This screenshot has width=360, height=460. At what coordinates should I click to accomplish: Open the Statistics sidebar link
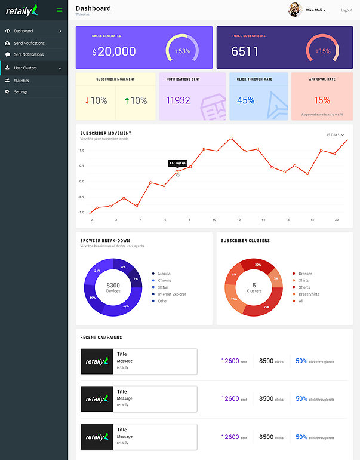click(x=21, y=81)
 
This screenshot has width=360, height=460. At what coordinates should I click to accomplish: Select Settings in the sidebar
click(x=21, y=92)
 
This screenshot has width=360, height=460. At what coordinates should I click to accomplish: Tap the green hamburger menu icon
click(x=60, y=10)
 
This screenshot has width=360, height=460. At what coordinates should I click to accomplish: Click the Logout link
click(x=346, y=10)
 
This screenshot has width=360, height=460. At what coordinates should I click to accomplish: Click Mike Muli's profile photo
click(x=296, y=10)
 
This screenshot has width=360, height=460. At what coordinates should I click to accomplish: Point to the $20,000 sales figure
click(x=114, y=51)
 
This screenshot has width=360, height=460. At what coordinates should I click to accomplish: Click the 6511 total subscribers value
click(x=245, y=51)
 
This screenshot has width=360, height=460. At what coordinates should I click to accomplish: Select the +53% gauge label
click(x=182, y=51)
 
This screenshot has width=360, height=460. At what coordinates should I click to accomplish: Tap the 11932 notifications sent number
click(x=178, y=100)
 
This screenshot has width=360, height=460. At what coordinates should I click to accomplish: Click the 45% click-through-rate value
click(x=245, y=100)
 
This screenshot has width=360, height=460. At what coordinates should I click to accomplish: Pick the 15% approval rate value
click(x=322, y=100)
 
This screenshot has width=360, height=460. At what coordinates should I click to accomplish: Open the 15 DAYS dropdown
click(x=335, y=135)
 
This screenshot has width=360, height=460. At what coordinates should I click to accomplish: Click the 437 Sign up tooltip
click(x=177, y=163)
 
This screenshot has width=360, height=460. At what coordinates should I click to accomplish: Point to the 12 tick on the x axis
click(x=238, y=220)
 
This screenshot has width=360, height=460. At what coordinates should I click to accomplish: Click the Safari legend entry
click(x=164, y=287)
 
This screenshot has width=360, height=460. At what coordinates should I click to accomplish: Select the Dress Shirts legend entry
click(x=309, y=294)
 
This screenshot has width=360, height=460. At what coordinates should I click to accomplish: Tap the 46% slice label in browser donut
click(x=125, y=306)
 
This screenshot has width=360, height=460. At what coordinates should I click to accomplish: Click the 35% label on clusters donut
click(x=266, y=307)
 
